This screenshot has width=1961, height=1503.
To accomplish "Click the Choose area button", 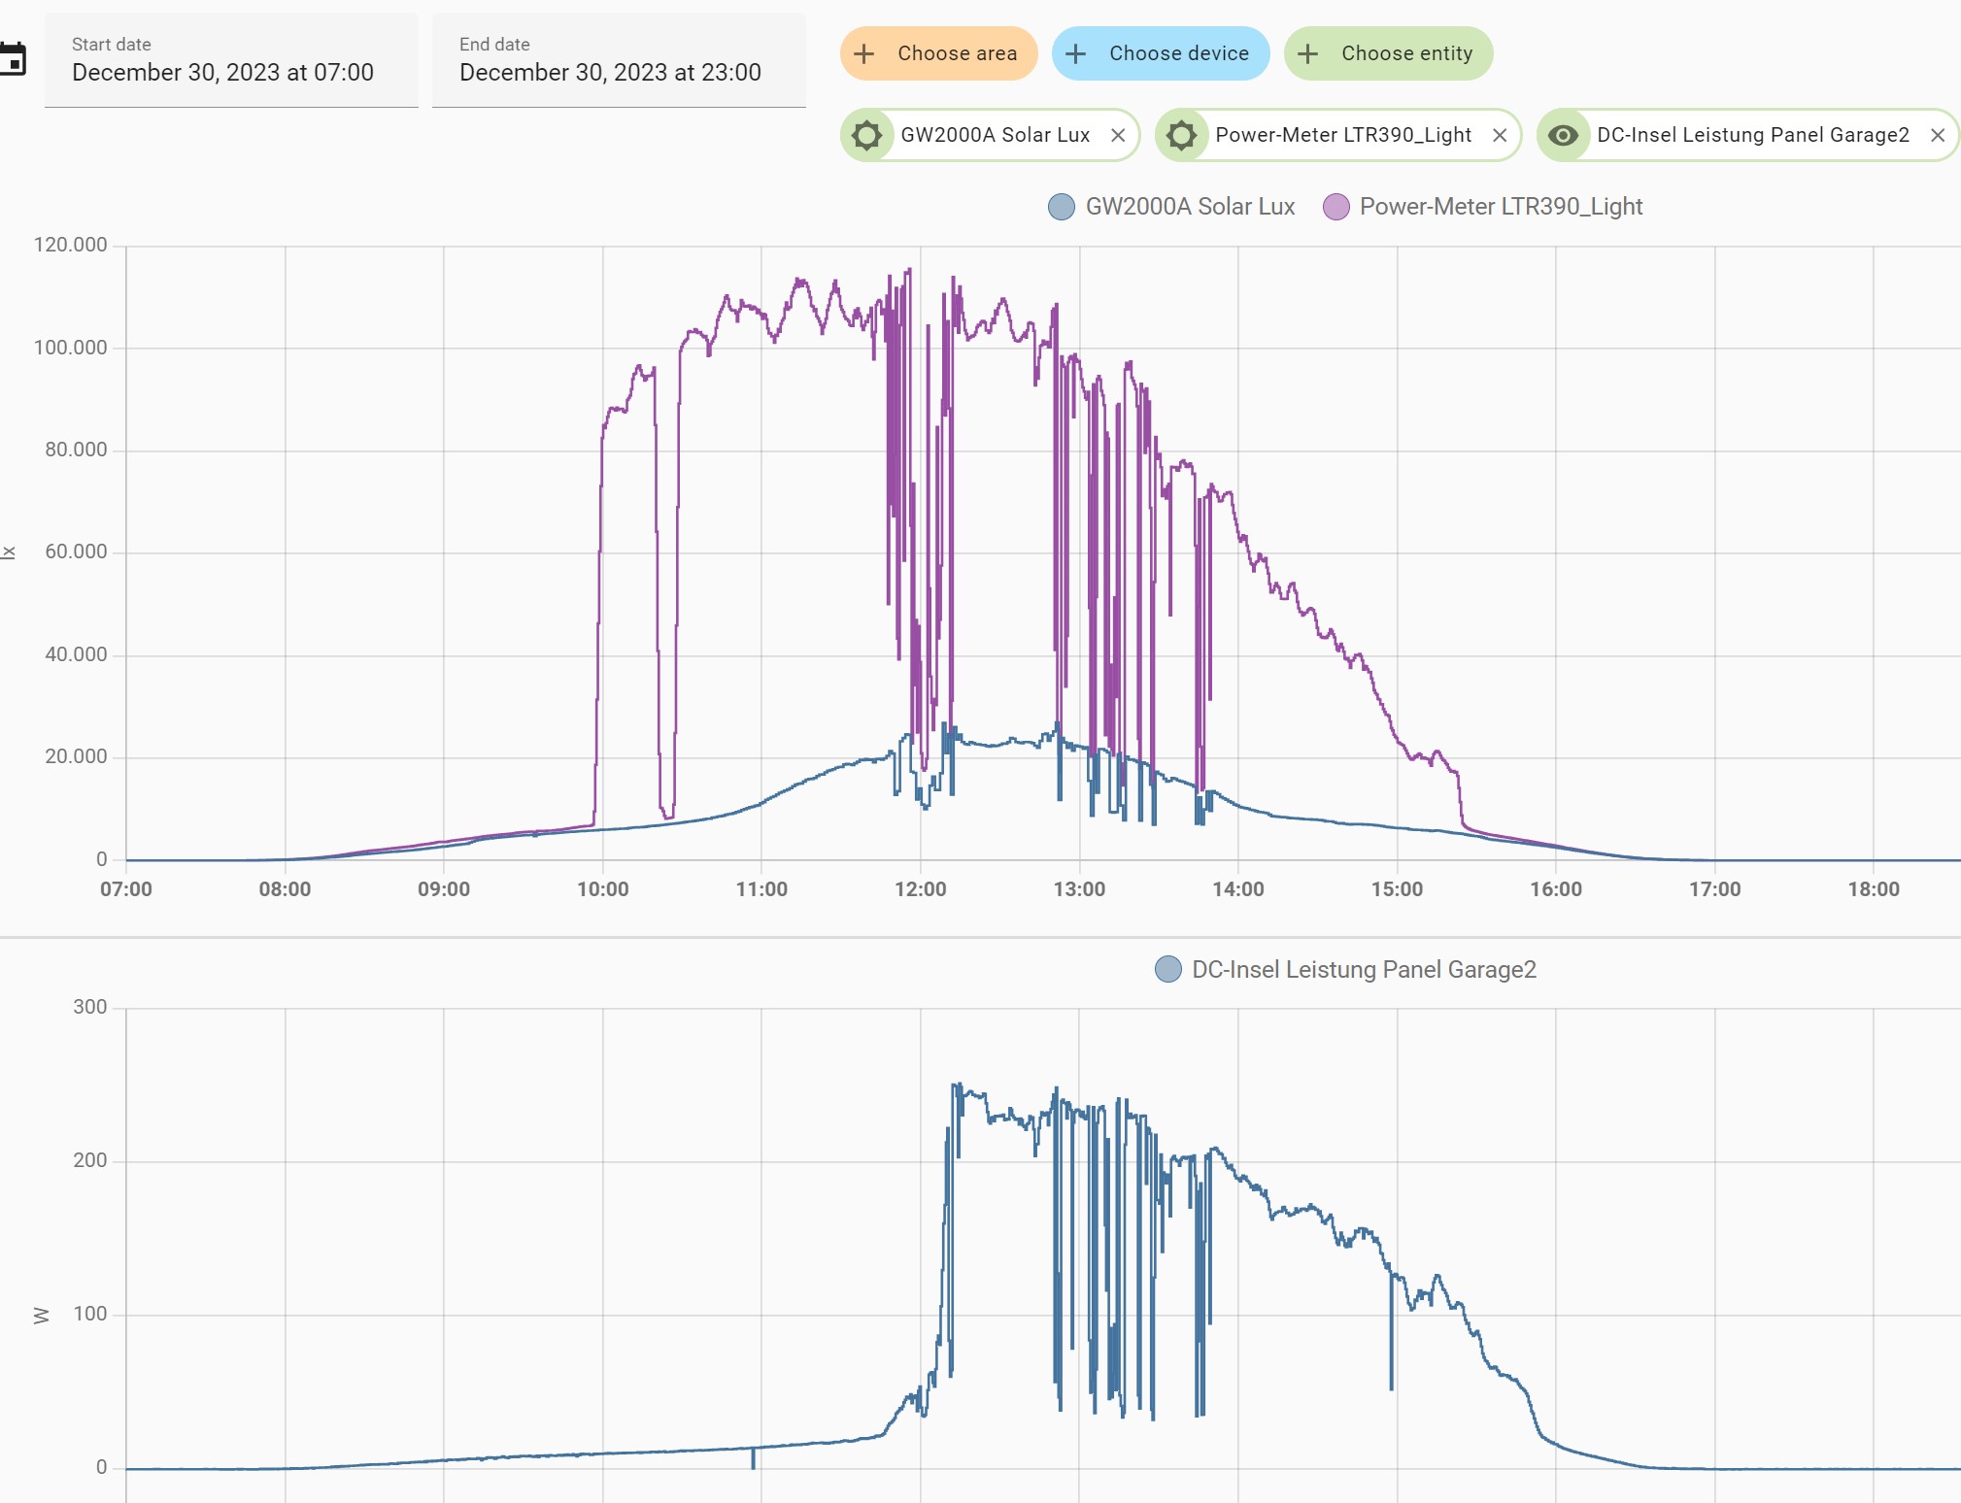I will [x=938, y=53].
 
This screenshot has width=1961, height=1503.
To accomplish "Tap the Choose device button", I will [x=1161, y=53].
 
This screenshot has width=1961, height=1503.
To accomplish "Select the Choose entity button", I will [x=1388, y=53].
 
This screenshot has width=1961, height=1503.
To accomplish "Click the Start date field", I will [x=231, y=60].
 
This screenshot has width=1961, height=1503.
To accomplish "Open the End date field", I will [x=619, y=60].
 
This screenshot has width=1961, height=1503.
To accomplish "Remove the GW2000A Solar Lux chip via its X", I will [x=1118, y=135].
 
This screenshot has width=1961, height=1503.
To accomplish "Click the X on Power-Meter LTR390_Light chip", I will [x=1500, y=135].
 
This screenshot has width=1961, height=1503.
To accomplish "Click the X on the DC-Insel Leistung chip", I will [x=1938, y=135].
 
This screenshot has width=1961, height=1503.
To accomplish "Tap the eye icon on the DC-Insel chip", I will [x=1563, y=135].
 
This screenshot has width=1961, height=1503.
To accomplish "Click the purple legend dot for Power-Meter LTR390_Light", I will [x=1336, y=207].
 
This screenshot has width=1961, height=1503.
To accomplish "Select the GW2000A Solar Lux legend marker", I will [x=1062, y=207].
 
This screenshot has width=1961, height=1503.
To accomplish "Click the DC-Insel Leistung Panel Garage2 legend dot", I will [x=1168, y=969].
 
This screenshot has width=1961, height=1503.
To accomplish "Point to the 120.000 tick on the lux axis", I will [x=70, y=245].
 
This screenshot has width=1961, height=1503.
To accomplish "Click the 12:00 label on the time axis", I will [x=920, y=889].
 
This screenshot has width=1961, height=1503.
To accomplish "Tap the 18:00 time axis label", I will [x=1873, y=889].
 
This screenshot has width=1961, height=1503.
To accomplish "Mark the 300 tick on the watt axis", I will [x=90, y=1007].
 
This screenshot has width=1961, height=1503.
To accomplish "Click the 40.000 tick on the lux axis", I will [x=76, y=654].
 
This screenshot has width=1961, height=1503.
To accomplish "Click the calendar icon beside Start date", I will [x=12, y=59].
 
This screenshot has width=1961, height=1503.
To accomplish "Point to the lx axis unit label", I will [x=9, y=552].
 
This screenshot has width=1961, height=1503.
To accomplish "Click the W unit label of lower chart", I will [x=41, y=1316].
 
